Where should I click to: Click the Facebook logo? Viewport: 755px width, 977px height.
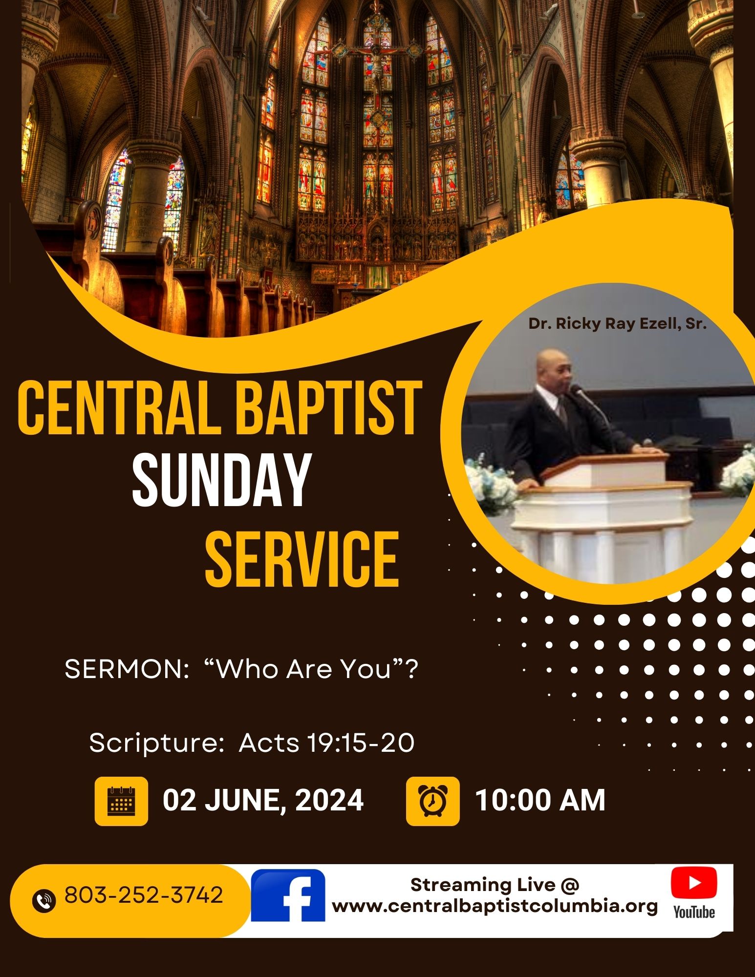point(288,895)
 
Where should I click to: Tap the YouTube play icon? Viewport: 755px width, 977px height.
point(694,882)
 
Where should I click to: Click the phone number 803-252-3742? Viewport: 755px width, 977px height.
point(144,895)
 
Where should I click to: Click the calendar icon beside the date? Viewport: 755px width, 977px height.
point(121,801)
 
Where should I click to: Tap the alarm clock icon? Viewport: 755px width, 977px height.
point(432,801)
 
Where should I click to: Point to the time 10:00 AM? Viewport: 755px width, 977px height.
point(540,801)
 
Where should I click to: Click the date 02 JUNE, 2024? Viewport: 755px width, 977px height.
point(263,801)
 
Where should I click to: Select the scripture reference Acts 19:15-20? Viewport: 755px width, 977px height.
point(326,743)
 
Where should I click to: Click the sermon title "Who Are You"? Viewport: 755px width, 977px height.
point(312,669)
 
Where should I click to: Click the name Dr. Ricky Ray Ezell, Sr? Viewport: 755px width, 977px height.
point(618,324)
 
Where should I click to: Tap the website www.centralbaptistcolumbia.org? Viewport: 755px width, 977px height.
point(495,907)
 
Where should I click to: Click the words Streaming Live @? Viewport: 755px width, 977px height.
point(495,885)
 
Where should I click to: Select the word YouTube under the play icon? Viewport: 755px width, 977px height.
point(694,912)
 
